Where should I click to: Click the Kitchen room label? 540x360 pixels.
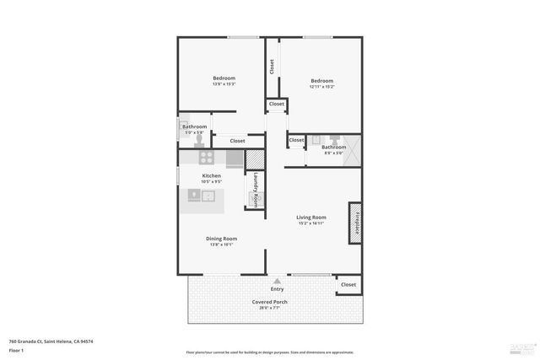[x=211, y=175]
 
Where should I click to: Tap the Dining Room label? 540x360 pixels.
[x=221, y=239]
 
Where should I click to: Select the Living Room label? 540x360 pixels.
[x=310, y=218]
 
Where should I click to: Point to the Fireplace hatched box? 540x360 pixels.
[x=355, y=223]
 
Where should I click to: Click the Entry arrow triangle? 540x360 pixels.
[x=278, y=281]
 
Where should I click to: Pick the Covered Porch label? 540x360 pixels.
[x=269, y=302]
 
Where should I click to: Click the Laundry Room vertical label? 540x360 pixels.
[x=256, y=185]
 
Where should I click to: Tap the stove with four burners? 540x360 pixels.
[x=207, y=157]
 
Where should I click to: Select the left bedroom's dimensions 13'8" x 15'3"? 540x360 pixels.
[x=224, y=84]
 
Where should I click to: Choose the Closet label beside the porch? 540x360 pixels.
[x=348, y=285]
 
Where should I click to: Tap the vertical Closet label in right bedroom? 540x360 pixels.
[x=272, y=67]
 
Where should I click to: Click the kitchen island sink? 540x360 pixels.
[x=208, y=196]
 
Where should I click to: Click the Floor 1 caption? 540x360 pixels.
[x=17, y=350]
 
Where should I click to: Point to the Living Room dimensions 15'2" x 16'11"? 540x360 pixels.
[x=310, y=223]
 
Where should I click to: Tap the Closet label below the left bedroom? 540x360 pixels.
[x=237, y=141]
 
